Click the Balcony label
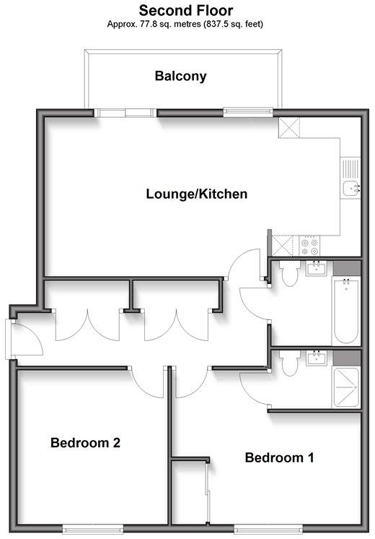click(180, 77)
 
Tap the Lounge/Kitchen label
click(197, 194)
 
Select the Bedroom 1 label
click(279, 457)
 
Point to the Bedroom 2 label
click(85, 442)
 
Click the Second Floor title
click(186, 10)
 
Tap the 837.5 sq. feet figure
click(234, 24)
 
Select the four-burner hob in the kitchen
click(309, 246)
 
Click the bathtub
click(346, 311)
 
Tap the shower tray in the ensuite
click(346, 387)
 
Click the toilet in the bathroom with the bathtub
click(289, 274)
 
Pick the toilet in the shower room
click(289, 363)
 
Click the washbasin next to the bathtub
click(316, 269)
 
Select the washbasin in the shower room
click(316, 358)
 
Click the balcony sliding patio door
click(125, 113)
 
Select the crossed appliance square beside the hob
click(283, 246)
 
